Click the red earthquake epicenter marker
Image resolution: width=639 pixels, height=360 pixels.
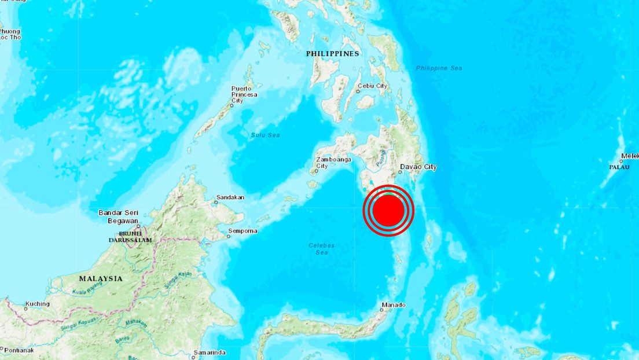point(388,210)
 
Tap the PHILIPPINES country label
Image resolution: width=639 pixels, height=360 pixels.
point(333,54)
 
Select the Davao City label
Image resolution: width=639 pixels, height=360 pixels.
point(418,167)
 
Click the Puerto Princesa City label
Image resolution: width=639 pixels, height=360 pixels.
point(244,94)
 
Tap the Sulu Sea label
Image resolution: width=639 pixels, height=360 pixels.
point(265,135)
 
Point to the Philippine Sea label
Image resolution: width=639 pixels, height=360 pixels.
point(439,68)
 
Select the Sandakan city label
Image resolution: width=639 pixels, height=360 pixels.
point(230,197)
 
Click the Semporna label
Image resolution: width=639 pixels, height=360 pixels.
point(243,231)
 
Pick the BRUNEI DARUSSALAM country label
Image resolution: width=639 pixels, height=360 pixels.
point(131,236)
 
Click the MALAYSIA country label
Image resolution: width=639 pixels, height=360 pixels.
point(101,278)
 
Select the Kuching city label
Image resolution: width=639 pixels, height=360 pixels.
point(37,304)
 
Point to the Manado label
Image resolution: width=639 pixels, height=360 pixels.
point(394,305)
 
